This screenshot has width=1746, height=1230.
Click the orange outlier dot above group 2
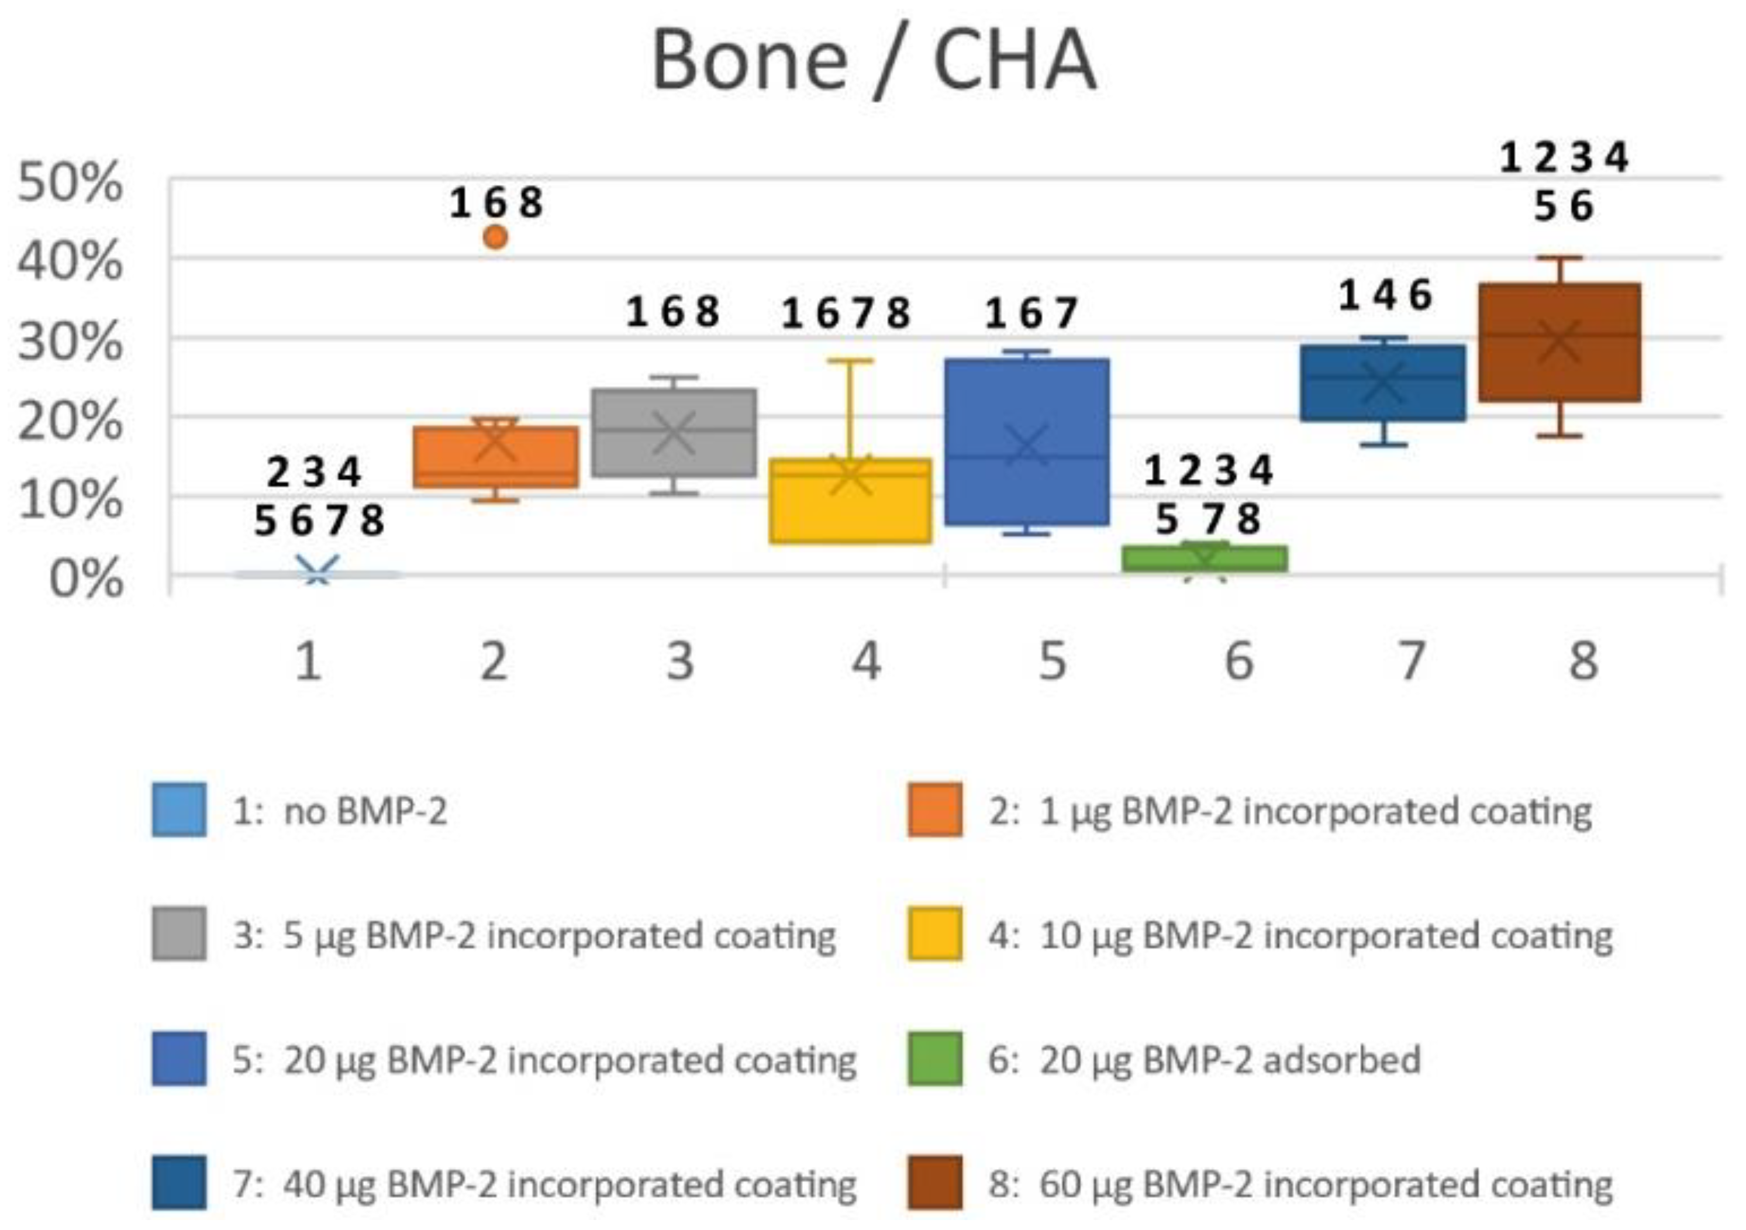tap(495, 237)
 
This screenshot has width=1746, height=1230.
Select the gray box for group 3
tap(674, 433)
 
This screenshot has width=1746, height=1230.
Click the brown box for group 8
tap(1559, 342)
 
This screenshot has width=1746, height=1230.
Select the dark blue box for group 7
tap(1382, 383)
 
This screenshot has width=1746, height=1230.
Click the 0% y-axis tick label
tap(85, 580)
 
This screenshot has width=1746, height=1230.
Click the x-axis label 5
tap(1053, 661)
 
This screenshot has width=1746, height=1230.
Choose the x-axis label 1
tap(308, 661)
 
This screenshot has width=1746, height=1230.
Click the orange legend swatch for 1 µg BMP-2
tap(934, 810)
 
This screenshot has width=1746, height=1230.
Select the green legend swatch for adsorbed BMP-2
tap(934, 1058)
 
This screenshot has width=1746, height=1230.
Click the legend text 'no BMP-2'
tap(365, 812)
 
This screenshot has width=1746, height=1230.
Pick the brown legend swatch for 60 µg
tap(934, 1182)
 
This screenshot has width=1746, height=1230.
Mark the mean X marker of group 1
tap(317, 572)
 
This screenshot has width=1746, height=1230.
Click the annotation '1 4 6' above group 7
tap(1385, 295)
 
